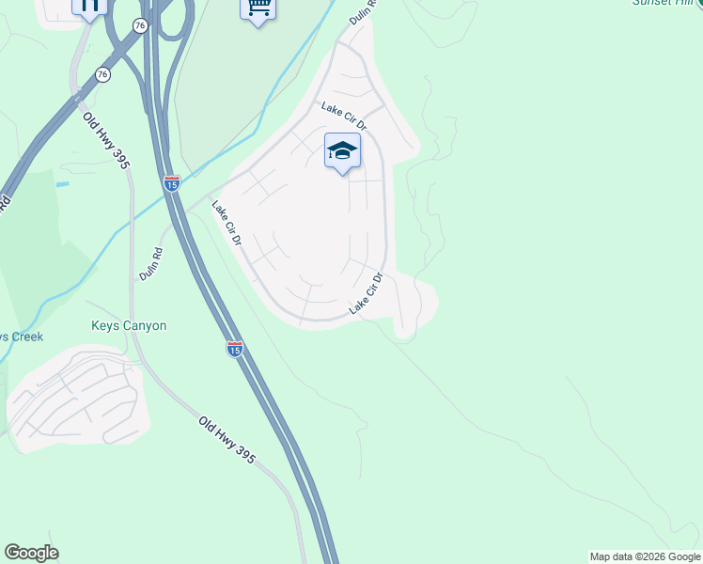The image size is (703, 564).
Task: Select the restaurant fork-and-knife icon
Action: click(x=90, y=8)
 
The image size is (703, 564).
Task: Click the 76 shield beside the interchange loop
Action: click(x=140, y=26)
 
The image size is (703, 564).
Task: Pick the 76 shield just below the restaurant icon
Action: click(x=102, y=74)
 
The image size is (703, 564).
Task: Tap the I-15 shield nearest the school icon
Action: click(x=171, y=183)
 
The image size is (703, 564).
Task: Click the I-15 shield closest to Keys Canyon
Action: click(x=235, y=349)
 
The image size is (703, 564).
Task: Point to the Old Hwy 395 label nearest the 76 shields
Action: click(x=105, y=140)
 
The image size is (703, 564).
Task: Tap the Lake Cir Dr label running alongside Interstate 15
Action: click(x=227, y=224)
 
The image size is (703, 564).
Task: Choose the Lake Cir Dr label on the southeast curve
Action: click(x=367, y=294)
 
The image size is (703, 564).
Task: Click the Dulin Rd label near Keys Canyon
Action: click(x=150, y=264)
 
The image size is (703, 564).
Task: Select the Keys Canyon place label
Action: click(x=129, y=326)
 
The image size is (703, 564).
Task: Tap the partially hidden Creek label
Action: click(x=21, y=337)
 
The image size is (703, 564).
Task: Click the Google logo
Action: click(x=31, y=553)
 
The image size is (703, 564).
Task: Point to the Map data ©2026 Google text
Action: click(x=646, y=556)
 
